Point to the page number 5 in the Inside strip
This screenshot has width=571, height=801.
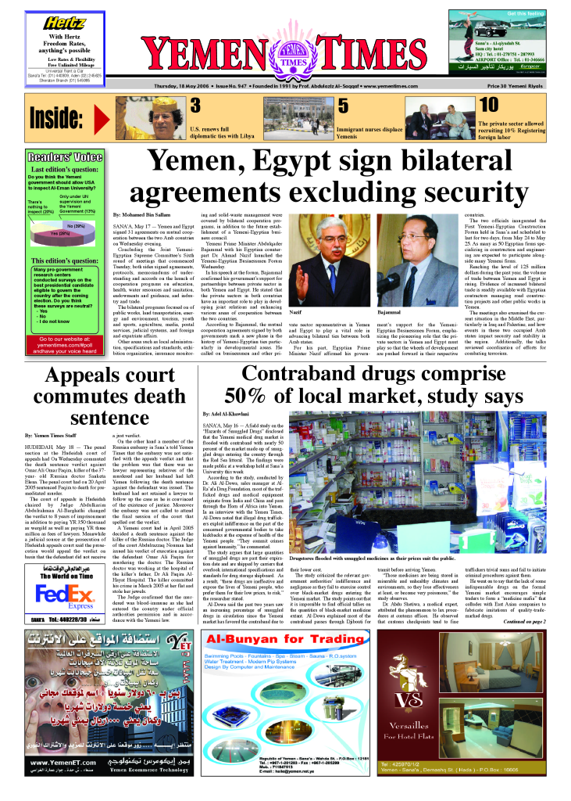click(x=342, y=106)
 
